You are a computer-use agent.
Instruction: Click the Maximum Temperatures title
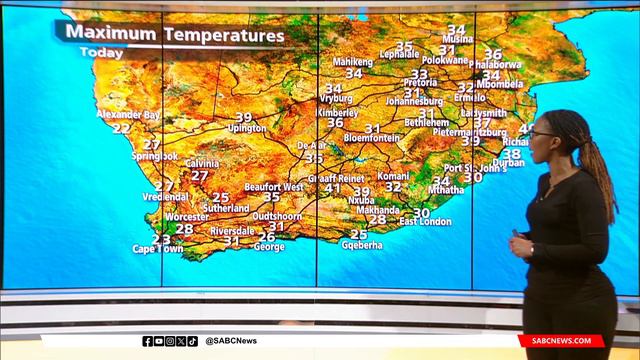pyautogui.click(x=175, y=33)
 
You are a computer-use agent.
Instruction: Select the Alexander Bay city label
pyautogui.click(x=127, y=115)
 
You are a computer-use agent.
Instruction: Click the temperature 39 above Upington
pyautogui.click(x=244, y=117)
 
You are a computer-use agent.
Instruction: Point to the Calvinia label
pyautogui.click(x=202, y=163)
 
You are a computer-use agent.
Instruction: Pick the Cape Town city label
pyautogui.click(x=158, y=248)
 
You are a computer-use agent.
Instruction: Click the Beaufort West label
pyautogui.click(x=273, y=186)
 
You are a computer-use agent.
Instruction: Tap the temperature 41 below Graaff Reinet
pyautogui.click(x=332, y=189)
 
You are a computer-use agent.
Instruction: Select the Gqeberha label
pyautogui.click(x=362, y=245)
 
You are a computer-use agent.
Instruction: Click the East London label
pyautogui.click(x=426, y=221)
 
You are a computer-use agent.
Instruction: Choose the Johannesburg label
pyautogui.click(x=414, y=101)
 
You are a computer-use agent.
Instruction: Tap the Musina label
pyautogui.click(x=457, y=39)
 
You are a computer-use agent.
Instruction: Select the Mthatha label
pyautogui.click(x=445, y=189)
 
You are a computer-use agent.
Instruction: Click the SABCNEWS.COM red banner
pyautogui.click(x=561, y=341)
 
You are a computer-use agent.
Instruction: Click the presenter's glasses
pyautogui.click(x=540, y=133)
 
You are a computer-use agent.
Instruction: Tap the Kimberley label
pyautogui.click(x=337, y=113)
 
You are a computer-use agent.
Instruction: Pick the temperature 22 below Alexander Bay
pyautogui.click(x=121, y=128)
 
